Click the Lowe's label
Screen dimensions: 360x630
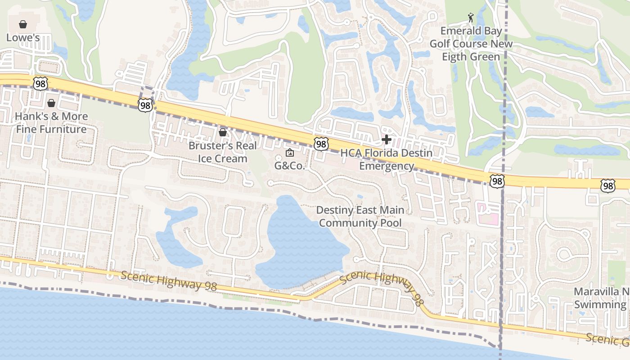(23, 38)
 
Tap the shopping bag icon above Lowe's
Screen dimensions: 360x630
(23, 24)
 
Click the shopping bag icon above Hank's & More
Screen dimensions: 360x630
(51, 103)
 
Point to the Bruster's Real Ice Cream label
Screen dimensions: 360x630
(223, 152)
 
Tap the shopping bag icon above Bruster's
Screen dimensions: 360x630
(222, 132)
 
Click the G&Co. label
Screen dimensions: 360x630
(290, 166)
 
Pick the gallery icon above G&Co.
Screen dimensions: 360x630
(289, 153)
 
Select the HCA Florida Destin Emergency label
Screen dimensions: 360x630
(386, 159)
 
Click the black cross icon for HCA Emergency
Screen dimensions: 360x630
(386, 139)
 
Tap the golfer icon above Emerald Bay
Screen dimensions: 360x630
(471, 18)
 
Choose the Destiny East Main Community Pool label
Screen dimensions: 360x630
(360, 216)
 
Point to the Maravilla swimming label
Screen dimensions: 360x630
(601, 298)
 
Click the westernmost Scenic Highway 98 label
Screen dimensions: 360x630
(169, 280)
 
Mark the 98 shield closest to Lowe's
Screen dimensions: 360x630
(40, 83)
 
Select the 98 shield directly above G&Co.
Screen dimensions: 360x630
(321, 144)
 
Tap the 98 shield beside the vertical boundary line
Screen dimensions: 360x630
(497, 181)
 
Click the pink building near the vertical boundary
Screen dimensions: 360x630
(488, 214)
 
